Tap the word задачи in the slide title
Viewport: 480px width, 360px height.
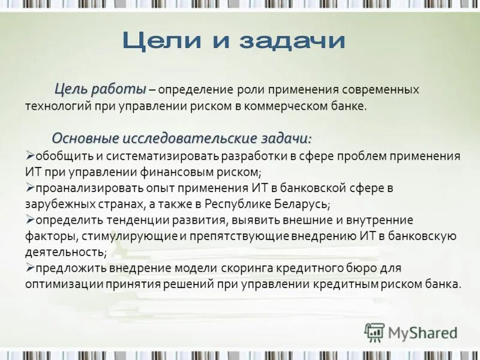pos(292,41)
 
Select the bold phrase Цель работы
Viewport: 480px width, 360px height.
pos(100,89)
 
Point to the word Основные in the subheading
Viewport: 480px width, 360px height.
pos(85,138)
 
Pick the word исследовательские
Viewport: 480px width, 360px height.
pos(190,138)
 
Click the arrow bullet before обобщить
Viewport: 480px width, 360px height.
pos(30,155)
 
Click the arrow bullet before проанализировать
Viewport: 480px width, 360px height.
pos(30,188)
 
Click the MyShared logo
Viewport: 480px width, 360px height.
pos(411,332)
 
